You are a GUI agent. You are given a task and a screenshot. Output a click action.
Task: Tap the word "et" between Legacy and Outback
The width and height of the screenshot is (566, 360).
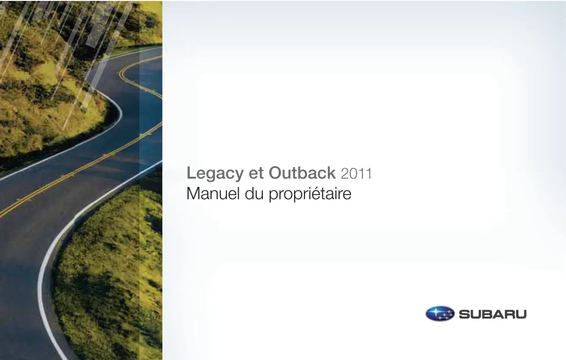pyautogui.click(x=256, y=174)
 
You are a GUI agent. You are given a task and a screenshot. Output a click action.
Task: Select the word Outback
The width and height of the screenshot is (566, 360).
pyautogui.click(x=302, y=173)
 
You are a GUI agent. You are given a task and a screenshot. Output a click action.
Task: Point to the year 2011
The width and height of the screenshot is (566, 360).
pyautogui.click(x=356, y=174)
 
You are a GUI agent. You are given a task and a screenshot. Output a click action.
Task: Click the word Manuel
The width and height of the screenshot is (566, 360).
pyautogui.click(x=213, y=194)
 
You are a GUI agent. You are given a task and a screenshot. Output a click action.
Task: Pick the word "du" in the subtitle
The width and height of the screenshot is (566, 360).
pyautogui.click(x=254, y=194)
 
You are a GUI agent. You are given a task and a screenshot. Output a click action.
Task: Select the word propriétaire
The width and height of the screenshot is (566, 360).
pyautogui.click(x=310, y=194)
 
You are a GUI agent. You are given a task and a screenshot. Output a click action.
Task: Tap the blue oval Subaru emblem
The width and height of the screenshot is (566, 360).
pyautogui.click(x=440, y=313)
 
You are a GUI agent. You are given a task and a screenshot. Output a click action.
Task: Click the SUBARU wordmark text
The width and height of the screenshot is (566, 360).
pyautogui.click(x=493, y=314)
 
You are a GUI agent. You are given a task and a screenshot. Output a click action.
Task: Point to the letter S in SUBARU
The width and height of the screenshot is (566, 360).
pyautogui.click(x=464, y=314)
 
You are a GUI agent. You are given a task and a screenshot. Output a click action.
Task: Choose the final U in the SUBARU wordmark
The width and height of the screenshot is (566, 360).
pyautogui.click(x=521, y=314)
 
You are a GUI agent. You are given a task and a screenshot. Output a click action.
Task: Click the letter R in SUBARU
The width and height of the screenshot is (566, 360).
pyautogui.click(x=510, y=314)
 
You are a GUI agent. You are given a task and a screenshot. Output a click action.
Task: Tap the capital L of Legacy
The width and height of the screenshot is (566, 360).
pyautogui.click(x=191, y=173)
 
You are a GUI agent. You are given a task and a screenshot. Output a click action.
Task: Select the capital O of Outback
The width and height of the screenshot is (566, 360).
pyautogui.click(x=275, y=173)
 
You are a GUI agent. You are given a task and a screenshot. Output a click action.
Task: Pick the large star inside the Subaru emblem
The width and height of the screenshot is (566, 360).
pyautogui.click(x=435, y=312)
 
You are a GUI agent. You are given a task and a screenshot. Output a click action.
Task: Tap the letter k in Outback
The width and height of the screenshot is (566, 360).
pyautogui.click(x=332, y=173)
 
